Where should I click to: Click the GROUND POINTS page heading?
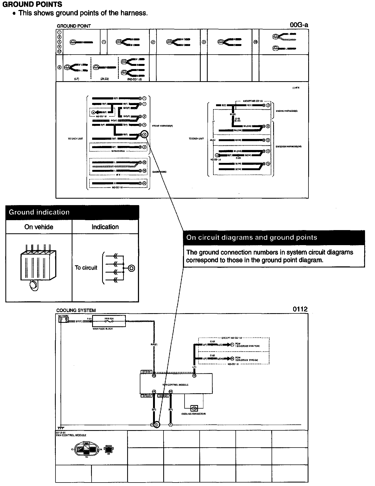(32, 5)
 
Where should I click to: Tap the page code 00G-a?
(299, 25)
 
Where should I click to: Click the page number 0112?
(300, 309)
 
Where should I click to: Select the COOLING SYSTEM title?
(76, 310)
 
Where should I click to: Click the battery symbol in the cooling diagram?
(64, 320)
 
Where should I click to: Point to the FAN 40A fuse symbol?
(109, 321)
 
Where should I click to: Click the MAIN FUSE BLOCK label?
(103, 329)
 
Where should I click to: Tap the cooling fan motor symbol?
(194, 408)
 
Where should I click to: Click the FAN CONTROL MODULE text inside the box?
(176, 385)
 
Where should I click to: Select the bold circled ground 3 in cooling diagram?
(156, 425)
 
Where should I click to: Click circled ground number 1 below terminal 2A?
(171, 425)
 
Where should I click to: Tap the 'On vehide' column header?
(39, 227)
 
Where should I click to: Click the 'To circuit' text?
(86, 268)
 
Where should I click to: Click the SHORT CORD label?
(159, 172)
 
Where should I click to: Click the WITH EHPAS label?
(118, 151)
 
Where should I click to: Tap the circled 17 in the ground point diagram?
(144, 183)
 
